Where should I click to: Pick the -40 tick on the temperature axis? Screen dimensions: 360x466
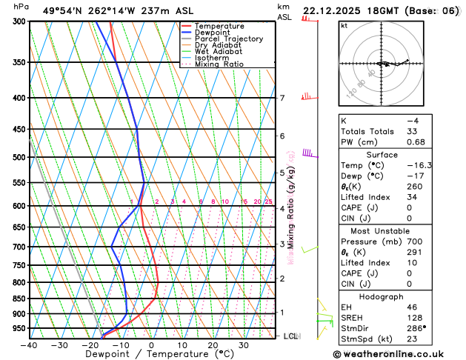29,345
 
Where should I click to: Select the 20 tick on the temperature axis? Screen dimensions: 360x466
213,345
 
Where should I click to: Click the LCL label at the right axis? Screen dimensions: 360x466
291,336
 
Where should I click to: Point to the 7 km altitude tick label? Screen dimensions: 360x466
282,98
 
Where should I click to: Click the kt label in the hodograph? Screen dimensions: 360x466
344,26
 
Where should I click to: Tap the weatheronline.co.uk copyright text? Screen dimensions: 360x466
399,353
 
